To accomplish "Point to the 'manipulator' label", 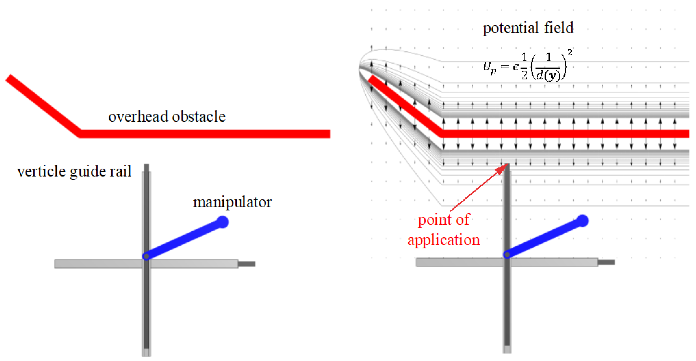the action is pos(232,202).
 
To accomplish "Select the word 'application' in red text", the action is pos(444,240).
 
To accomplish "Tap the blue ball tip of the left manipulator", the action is pos(223,222).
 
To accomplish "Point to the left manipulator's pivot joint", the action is pos(146,256).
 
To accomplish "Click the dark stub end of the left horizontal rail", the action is pos(247,264).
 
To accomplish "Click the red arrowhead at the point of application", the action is pos(502,169).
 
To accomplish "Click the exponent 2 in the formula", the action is pos(570,52).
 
